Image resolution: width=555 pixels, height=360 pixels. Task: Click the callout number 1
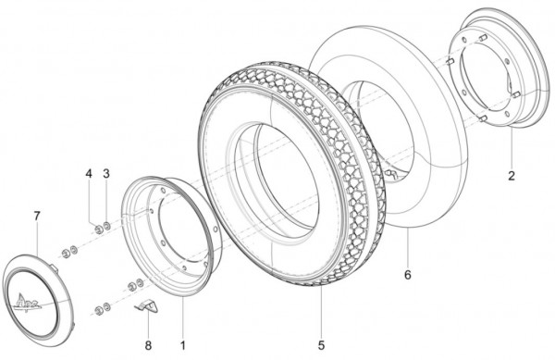[182, 345]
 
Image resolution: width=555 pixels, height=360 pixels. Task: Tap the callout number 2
[512, 176]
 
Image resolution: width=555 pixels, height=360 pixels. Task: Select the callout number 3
[106, 174]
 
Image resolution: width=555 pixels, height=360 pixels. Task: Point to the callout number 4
[89, 174]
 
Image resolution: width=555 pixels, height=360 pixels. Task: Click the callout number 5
[321, 345]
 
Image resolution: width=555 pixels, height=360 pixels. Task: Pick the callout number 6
[408, 275]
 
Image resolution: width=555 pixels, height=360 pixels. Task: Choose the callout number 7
[37, 216]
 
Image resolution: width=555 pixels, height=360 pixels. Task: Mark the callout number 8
[148, 345]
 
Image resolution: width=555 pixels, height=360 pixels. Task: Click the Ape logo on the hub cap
[28, 300]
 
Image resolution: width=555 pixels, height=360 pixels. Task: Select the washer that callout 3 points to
[106, 226]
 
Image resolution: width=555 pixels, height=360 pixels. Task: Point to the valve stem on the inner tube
[390, 174]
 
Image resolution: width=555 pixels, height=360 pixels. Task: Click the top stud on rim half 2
[483, 37]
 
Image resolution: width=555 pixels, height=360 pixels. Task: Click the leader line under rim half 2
[512, 148]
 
